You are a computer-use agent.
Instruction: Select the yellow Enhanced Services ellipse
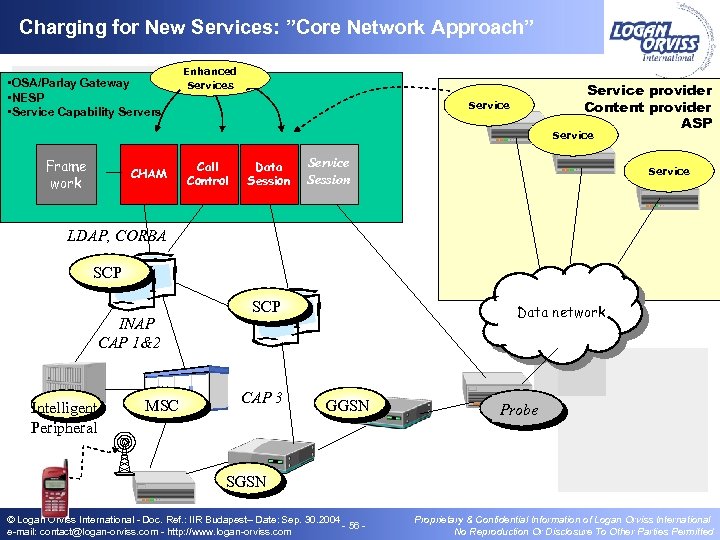tap(210, 78)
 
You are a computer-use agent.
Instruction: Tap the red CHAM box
tap(149, 174)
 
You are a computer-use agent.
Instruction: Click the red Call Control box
tap(208, 174)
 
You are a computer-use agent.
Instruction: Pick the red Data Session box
tap(269, 174)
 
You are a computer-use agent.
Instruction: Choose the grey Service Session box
tap(328, 171)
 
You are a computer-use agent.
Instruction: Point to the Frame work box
tap(66, 174)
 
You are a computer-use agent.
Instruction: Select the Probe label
tap(519, 409)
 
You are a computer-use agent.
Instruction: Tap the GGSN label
tap(348, 405)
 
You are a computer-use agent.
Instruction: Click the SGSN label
tap(246, 481)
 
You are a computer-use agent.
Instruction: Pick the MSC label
tap(162, 405)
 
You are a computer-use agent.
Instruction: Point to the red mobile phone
tap(53, 490)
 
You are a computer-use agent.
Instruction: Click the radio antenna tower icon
tap(124, 455)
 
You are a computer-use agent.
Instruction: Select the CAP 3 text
tap(262, 397)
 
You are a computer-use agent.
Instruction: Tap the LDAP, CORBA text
tap(116, 236)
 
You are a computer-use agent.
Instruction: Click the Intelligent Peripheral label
tap(64, 417)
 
